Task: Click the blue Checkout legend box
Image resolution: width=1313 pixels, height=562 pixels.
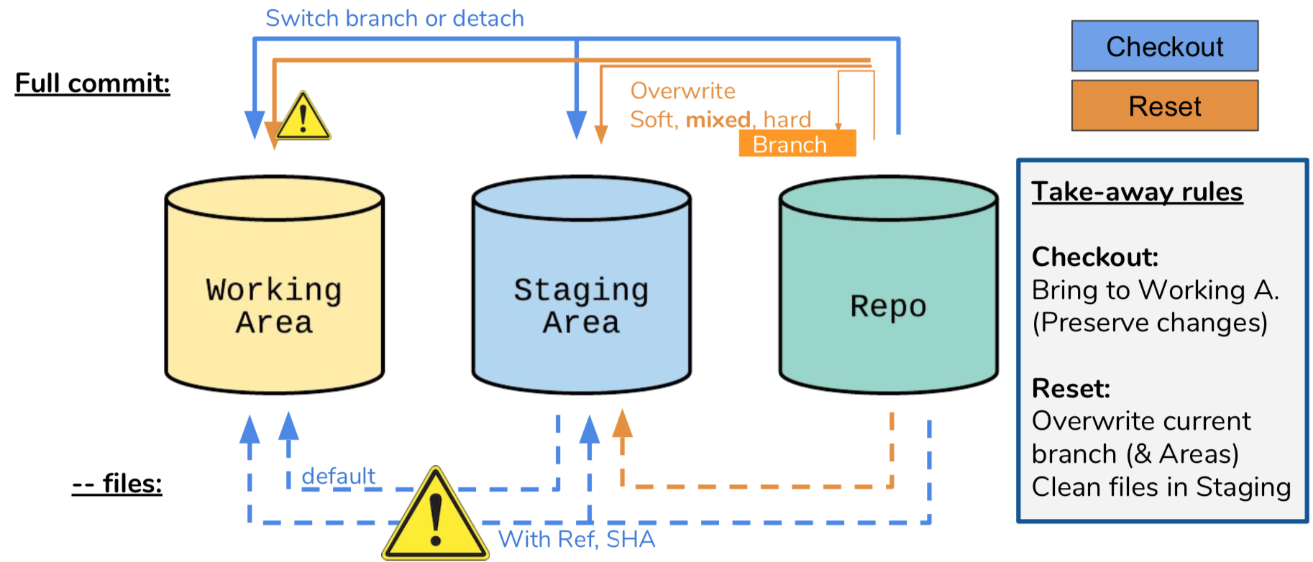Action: (x=1164, y=46)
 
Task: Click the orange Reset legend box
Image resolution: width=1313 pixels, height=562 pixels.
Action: (x=1164, y=106)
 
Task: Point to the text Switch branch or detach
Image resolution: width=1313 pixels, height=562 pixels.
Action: (x=394, y=18)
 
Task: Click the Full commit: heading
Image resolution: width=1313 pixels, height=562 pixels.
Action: (x=92, y=83)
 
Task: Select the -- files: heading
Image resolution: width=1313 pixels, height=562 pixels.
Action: (x=116, y=484)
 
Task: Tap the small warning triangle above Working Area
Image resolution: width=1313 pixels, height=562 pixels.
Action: (x=303, y=118)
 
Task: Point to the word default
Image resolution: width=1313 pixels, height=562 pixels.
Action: (x=338, y=476)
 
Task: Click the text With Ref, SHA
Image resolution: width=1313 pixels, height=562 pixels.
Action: (x=577, y=539)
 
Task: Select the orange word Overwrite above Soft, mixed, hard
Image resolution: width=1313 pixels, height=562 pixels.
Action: (x=682, y=91)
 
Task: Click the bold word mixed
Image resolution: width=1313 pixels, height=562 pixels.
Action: (x=718, y=119)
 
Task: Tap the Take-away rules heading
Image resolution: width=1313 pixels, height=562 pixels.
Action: (x=1137, y=192)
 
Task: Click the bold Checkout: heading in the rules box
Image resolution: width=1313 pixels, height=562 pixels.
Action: (x=1094, y=257)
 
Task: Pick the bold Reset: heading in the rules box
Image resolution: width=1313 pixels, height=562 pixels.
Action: (x=1071, y=389)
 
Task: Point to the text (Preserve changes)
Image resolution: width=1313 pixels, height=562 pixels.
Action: (x=1149, y=323)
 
